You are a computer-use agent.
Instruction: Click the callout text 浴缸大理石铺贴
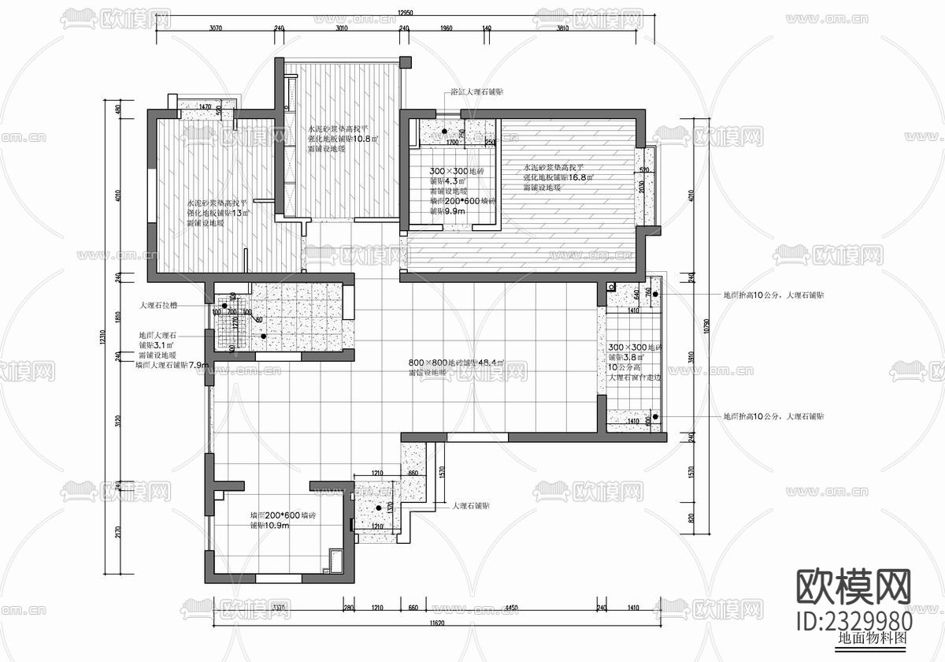476,92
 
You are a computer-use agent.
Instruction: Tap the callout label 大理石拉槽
158,305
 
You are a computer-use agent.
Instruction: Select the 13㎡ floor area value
239,213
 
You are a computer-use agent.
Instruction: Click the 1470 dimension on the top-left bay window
205,107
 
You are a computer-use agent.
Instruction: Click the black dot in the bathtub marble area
444,132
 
